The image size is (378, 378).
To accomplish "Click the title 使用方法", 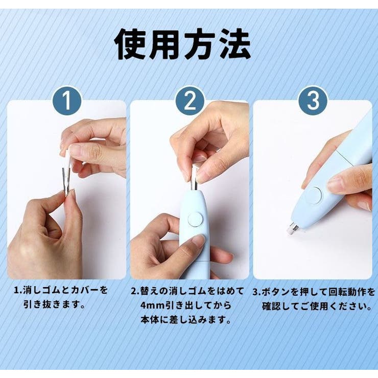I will click(x=182, y=45).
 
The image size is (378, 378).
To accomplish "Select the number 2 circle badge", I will click(x=190, y=102).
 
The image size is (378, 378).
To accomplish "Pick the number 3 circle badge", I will click(x=313, y=102).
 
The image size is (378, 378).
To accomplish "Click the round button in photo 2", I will click(x=195, y=220).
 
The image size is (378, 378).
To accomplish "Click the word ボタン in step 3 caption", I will click(x=276, y=293).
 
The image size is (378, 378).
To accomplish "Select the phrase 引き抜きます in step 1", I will click(x=54, y=305).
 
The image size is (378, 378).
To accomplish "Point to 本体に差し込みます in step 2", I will click(x=185, y=320).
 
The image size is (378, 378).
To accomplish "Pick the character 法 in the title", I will click(x=233, y=45).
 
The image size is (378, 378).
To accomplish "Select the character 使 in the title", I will click(x=131, y=45).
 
